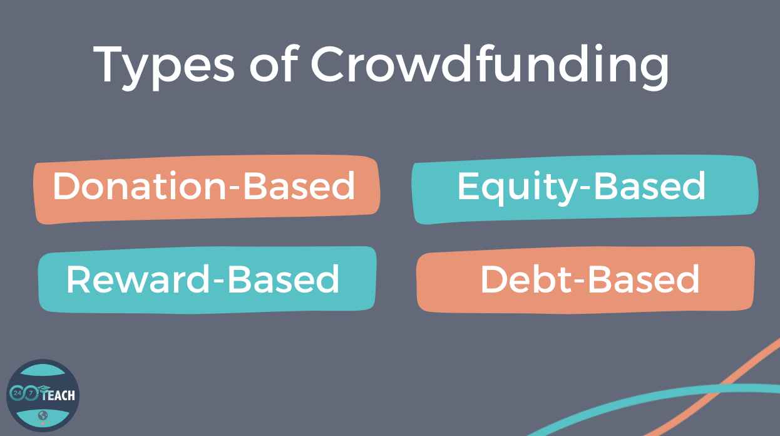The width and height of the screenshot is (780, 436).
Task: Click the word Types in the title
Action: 164,68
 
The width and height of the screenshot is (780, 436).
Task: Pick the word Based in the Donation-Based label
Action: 299,186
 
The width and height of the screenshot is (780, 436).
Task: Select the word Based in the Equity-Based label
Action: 649,186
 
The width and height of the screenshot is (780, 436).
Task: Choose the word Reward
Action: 138,279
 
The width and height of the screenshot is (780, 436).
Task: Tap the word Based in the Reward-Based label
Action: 283,279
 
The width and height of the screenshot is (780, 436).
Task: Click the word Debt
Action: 525,279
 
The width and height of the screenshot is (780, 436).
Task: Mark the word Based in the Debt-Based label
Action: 643,279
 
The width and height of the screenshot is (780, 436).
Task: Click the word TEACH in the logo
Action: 58,395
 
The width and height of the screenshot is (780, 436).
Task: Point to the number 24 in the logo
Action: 16,393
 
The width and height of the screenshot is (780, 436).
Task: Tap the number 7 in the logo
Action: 31,394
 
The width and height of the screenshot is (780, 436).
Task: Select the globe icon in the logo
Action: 43,415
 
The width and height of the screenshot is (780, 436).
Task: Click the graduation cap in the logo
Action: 44,388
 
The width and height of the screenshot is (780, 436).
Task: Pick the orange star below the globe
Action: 43,423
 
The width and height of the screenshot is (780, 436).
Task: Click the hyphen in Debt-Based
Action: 578,283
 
